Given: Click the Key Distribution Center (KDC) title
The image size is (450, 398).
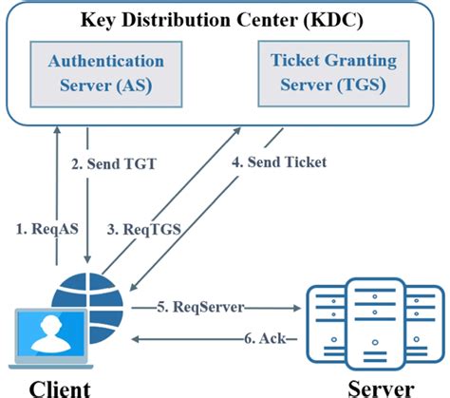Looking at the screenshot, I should (x=224, y=20).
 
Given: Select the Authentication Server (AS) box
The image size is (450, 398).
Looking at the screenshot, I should (x=106, y=73).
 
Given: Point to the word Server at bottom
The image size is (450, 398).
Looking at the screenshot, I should (x=380, y=387).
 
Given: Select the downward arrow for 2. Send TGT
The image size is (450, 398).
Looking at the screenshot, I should (x=86, y=199).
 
